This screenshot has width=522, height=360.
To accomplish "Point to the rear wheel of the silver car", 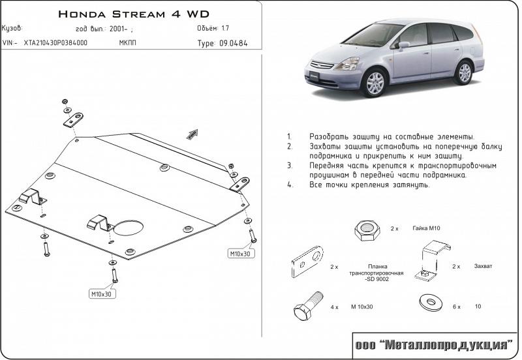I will coord(464,71).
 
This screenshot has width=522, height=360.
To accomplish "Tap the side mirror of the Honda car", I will coord(404,46).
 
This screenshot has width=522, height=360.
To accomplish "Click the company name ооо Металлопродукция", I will coord(435,344).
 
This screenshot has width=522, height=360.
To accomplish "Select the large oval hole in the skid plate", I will coord(129,227).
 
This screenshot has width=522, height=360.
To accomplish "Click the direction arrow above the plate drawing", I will coord(192,133).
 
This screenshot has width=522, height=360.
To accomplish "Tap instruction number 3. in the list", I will coord(288,166).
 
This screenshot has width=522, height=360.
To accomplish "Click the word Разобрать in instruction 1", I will coord(333,138).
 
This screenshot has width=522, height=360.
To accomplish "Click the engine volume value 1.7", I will coord(225,29).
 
